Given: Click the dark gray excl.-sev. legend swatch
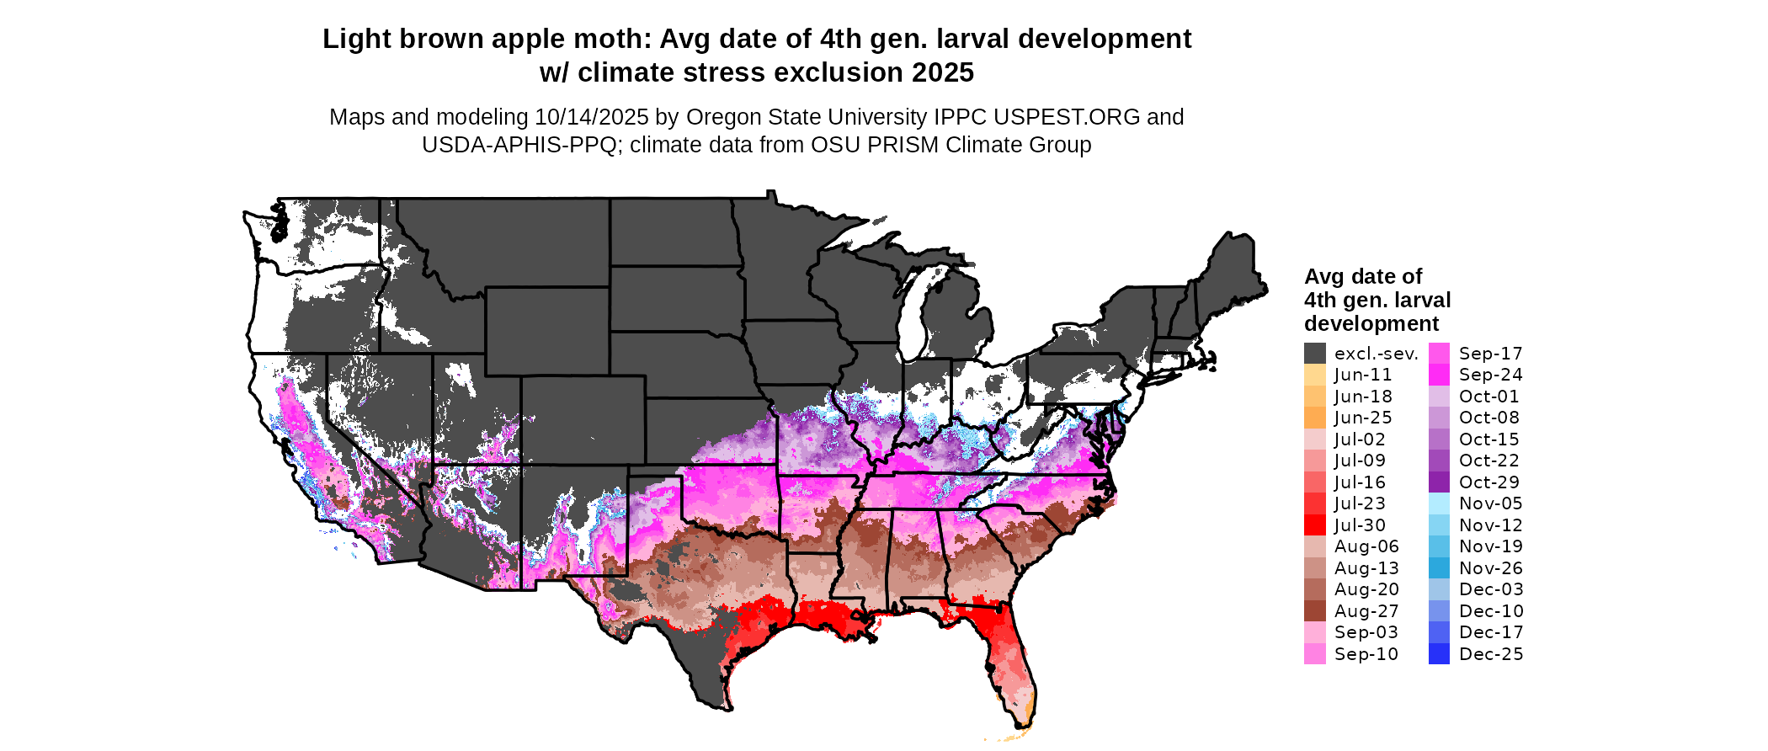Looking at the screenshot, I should point(1315,354).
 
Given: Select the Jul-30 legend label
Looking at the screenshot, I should point(1360,525).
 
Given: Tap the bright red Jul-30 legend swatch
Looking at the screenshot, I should point(1315,525).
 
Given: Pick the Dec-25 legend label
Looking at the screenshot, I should point(1491,654).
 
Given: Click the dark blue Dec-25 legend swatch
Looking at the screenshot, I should point(1439,654).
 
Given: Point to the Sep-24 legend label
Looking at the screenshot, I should point(1491,375).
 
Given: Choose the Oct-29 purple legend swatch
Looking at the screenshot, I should point(1439,482).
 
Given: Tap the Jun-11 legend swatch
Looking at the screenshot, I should point(1315,375).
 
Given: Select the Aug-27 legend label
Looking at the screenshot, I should point(1366,611).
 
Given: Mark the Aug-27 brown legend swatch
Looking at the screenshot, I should point(1315,611).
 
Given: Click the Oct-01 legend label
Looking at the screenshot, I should point(1489,397).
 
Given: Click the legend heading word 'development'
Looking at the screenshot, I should point(1371,324).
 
